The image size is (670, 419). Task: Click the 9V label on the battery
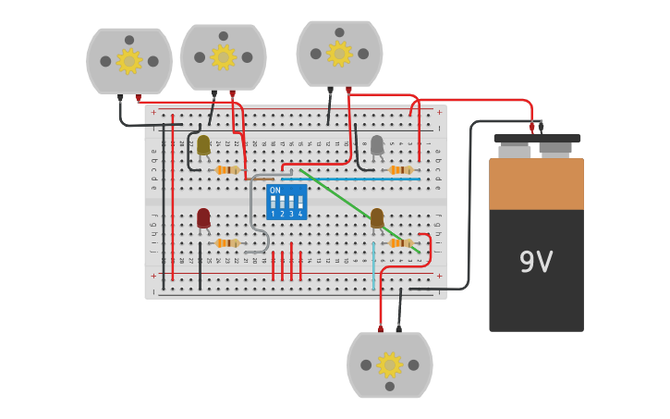click(x=535, y=263)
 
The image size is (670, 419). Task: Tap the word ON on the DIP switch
click(x=274, y=191)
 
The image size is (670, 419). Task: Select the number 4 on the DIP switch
click(x=299, y=214)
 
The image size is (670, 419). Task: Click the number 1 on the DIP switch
click(x=274, y=214)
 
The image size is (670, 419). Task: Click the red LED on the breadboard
click(x=203, y=217)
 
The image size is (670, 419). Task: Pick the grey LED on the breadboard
click(x=377, y=144)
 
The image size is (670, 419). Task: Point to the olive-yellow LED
click(x=203, y=144)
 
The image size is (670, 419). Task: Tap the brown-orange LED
click(x=377, y=218)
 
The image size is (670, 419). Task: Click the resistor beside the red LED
click(x=226, y=243)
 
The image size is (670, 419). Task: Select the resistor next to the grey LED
click(x=400, y=170)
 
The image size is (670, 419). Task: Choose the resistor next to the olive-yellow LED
click(x=226, y=170)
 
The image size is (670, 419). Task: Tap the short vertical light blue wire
click(x=373, y=266)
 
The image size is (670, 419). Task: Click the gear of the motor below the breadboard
click(x=389, y=364)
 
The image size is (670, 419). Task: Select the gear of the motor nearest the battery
click(x=339, y=54)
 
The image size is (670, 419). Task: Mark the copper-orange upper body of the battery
click(x=536, y=184)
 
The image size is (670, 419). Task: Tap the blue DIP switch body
click(x=286, y=203)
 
